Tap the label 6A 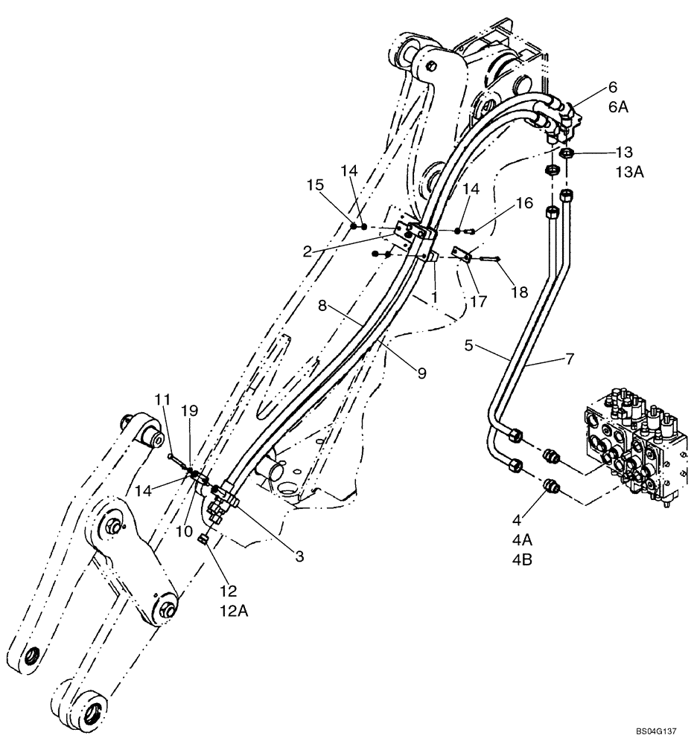(618, 106)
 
